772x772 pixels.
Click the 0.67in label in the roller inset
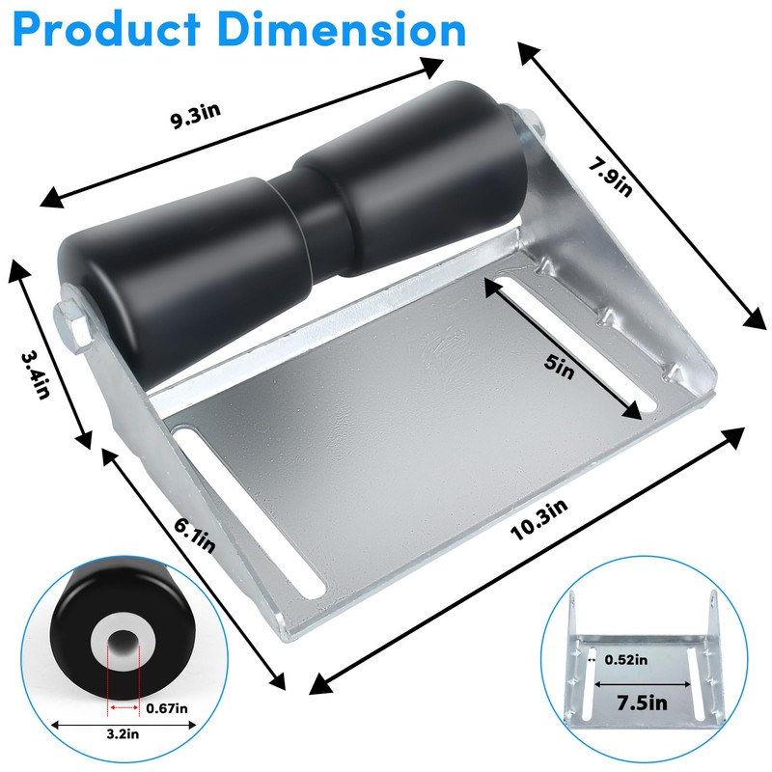pos(166,707)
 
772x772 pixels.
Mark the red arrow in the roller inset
pos(124,708)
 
